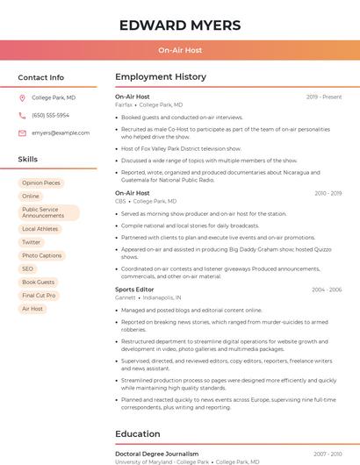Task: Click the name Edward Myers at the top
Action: point(180,25)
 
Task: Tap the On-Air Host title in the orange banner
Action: point(180,51)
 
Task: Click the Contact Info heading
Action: point(41,77)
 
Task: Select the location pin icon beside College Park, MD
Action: point(23,97)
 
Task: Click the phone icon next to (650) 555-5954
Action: point(23,115)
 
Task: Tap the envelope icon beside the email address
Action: point(23,133)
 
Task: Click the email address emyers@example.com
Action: point(61,133)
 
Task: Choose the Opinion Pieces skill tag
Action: point(41,183)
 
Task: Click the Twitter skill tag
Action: point(32,242)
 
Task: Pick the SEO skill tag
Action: point(28,268)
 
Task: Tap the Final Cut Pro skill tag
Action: point(39,296)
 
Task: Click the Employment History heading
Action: point(161,77)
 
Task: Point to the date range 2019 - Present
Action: point(324,97)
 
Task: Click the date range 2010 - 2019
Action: point(328,193)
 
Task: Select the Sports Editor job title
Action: point(134,290)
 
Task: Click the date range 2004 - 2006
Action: point(327,290)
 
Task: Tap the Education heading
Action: point(138,433)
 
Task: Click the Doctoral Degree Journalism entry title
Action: point(157,454)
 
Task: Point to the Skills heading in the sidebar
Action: point(28,160)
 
